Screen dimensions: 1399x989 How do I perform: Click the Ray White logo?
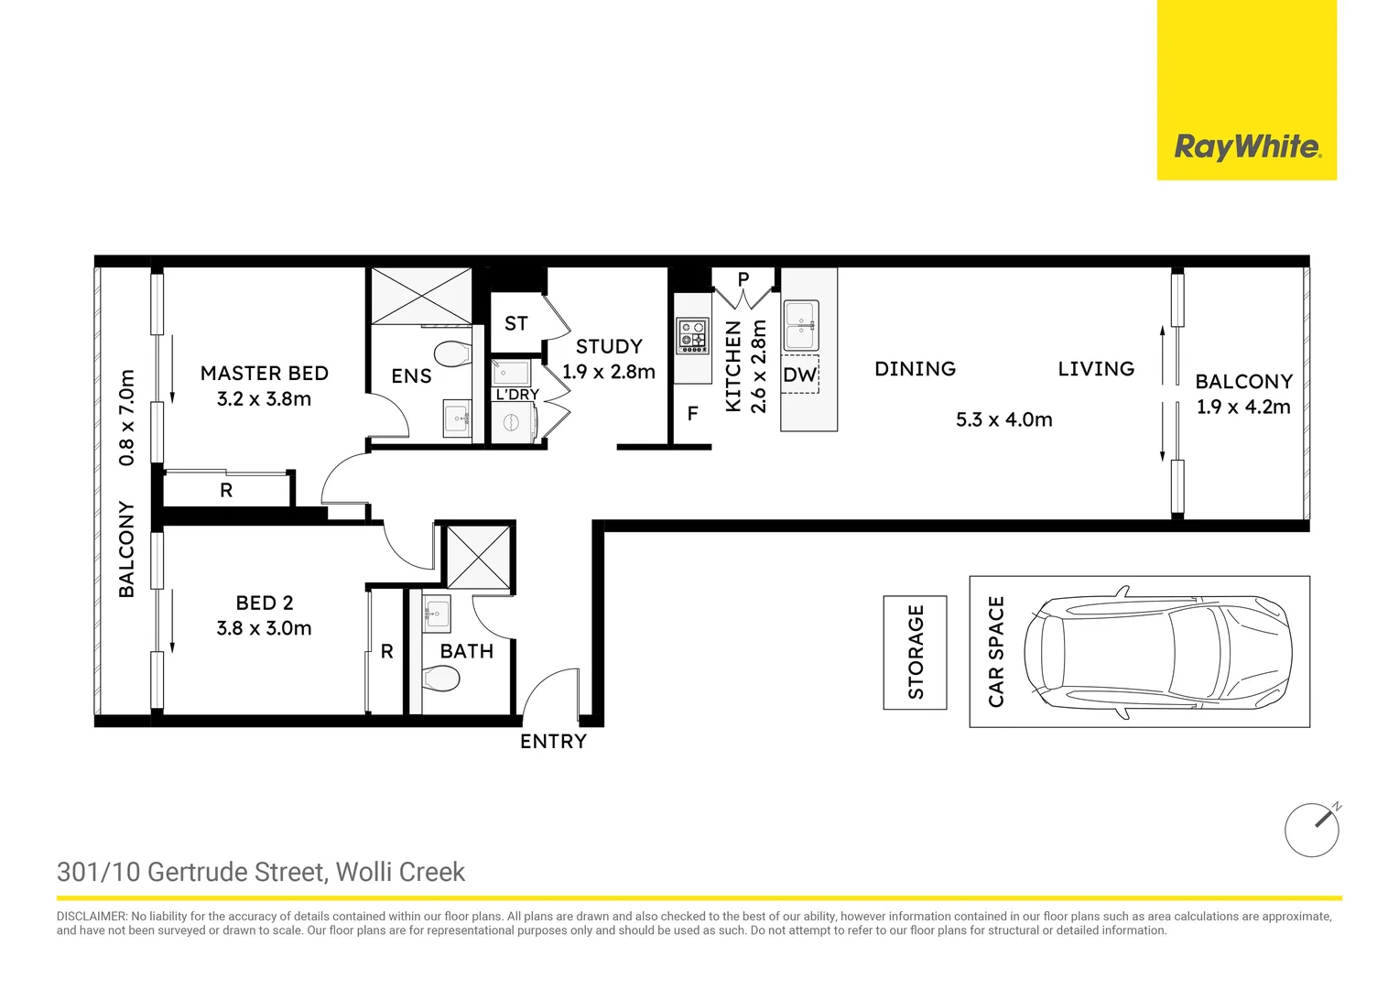(1247, 147)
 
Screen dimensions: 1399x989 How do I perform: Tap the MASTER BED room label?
(265, 374)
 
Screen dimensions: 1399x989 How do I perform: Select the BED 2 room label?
(265, 603)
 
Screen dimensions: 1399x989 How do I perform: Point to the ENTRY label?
(553, 741)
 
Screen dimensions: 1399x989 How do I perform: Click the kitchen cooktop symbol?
(692, 335)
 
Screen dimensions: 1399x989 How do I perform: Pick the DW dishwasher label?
(799, 375)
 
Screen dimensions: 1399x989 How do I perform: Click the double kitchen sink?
(801, 325)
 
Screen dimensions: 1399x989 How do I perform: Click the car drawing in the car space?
(1158, 652)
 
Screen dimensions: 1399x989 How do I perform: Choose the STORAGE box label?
(915, 652)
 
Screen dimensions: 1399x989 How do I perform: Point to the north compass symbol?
(1313, 830)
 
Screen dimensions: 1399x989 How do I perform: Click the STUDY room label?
(609, 347)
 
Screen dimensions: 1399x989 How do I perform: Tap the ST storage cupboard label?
(515, 323)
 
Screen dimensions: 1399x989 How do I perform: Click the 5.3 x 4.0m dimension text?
(1004, 419)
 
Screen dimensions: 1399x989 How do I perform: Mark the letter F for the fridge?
(692, 413)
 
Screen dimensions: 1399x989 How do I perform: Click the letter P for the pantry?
(743, 279)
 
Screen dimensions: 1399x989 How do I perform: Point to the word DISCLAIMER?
(92, 917)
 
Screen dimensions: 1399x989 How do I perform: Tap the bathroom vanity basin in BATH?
(437, 613)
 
